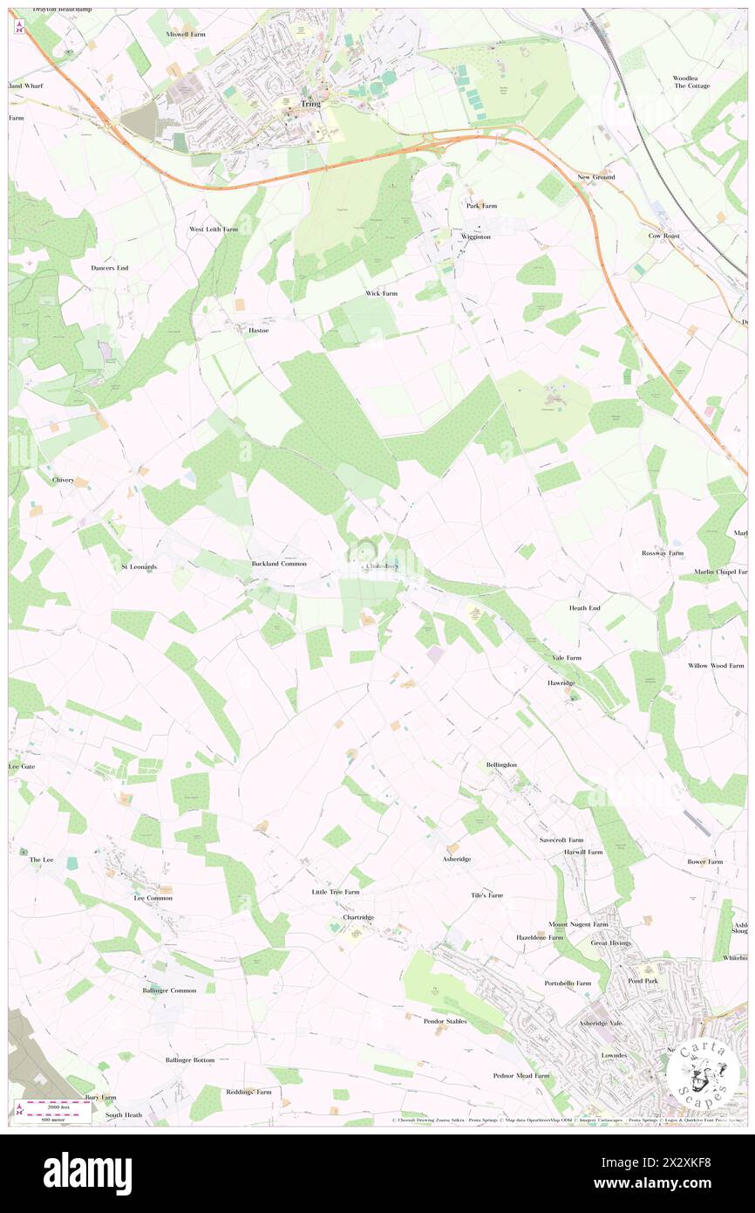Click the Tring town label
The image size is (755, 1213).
click(310, 103)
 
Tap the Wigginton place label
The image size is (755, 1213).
click(476, 236)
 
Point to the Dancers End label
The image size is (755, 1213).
click(109, 267)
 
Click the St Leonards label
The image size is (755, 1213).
click(139, 567)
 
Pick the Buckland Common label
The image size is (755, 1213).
click(279, 565)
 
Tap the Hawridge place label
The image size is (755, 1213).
click(562, 682)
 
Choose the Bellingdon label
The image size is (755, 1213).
click(501, 764)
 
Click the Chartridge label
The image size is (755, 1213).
click(358, 917)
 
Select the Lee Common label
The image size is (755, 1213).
click(153, 898)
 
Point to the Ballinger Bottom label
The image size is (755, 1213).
click(189, 1059)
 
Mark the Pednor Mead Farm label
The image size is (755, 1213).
click(521, 1076)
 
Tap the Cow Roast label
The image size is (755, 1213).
click(663, 236)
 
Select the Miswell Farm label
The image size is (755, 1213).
click(186, 33)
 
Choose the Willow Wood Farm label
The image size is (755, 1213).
click(715, 666)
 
